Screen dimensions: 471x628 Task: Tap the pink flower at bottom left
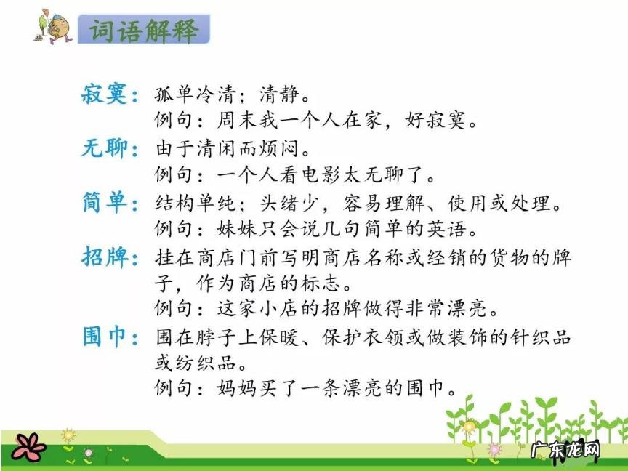(x=27, y=446)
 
